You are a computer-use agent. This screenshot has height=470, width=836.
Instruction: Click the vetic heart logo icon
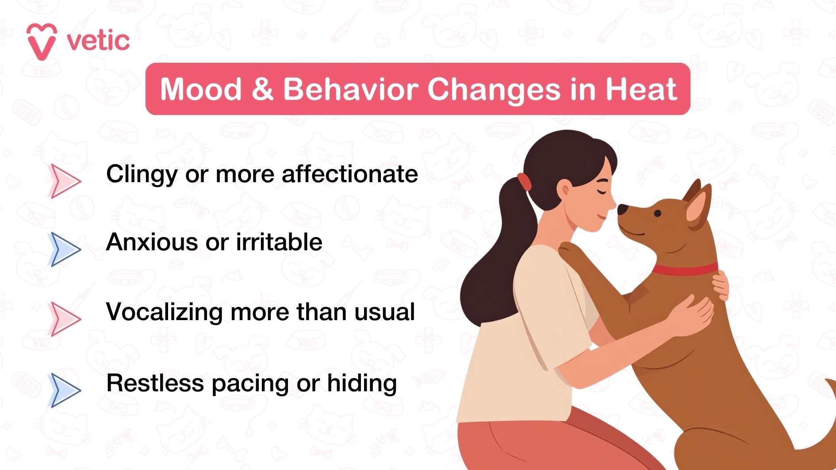(42, 42)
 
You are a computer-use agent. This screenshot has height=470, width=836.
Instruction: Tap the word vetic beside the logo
(98, 41)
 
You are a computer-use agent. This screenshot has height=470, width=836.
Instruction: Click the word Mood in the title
(201, 89)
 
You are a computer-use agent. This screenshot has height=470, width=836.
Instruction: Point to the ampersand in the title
(262, 89)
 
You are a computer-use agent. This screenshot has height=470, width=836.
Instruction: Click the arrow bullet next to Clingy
(65, 181)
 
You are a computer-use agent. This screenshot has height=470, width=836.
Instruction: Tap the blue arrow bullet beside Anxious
(65, 249)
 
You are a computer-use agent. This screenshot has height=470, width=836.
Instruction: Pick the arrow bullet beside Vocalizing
(65, 319)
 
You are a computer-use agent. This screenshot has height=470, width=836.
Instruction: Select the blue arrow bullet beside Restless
(65, 390)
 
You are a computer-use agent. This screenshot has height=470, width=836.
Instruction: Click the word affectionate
(349, 174)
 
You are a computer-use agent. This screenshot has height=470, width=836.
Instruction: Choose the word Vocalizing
(164, 312)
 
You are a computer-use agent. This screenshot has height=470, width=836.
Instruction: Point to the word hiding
(361, 383)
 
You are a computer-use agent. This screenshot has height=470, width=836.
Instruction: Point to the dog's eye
(658, 214)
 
